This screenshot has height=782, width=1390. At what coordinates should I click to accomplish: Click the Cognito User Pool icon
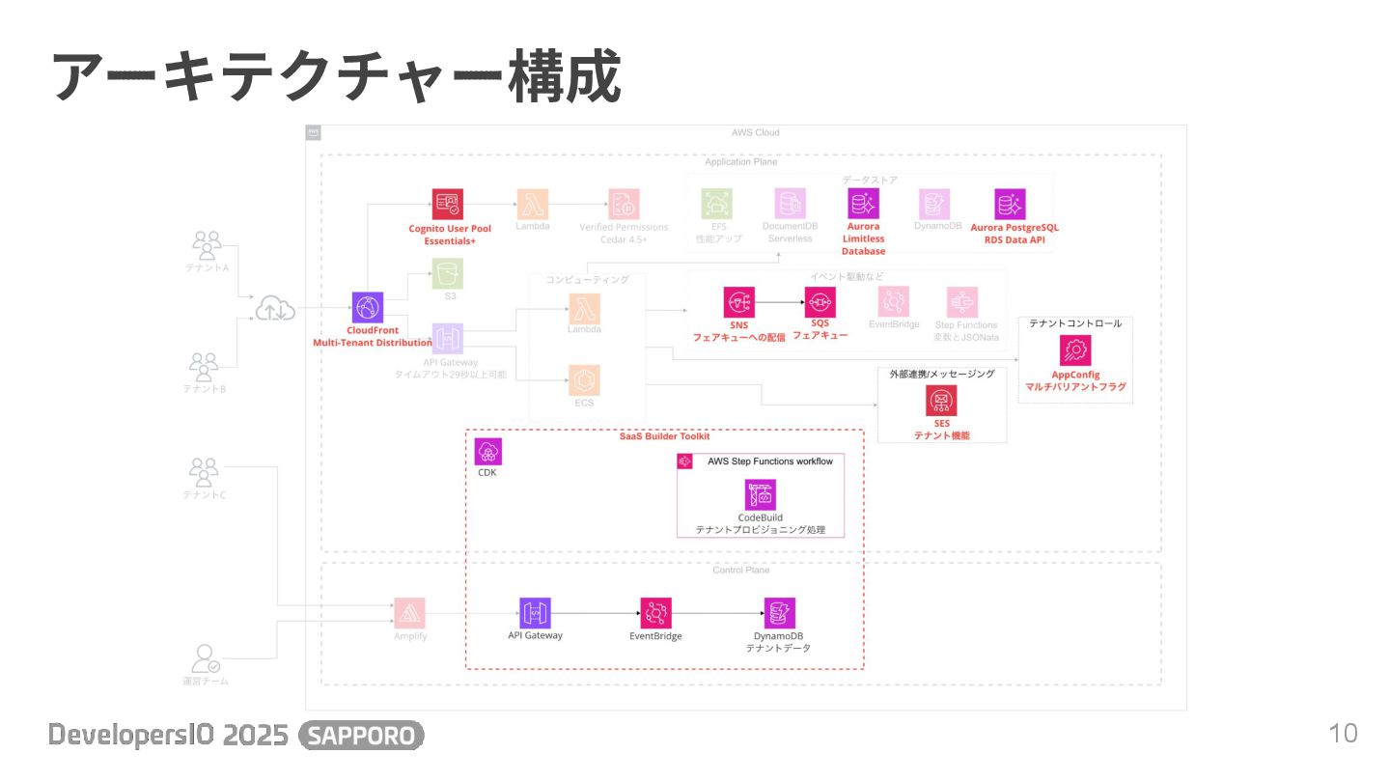(447, 204)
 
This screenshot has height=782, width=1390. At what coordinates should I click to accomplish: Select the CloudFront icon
(368, 307)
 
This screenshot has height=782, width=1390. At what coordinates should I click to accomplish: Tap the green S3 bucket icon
(448, 273)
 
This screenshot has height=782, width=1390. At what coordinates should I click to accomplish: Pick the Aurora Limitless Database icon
(863, 204)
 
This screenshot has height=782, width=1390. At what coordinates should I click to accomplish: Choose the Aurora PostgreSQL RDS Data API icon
(1010, 204)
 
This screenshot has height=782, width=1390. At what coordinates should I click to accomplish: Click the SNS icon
(739, 302)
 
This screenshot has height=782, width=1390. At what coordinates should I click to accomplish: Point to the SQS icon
(820, 302)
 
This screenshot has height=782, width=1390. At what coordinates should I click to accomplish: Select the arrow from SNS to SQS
(780, 302)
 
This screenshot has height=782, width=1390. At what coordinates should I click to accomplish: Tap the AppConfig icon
(1075, 349)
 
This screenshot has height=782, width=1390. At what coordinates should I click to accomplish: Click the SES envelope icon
(941, 400)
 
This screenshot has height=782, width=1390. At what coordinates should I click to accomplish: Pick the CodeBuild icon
(760, 494)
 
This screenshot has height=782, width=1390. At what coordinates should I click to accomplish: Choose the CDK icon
(487, 451)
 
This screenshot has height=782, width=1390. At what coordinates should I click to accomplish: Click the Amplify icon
(409, 613)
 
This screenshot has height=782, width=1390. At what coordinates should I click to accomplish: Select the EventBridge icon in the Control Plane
(655, 613)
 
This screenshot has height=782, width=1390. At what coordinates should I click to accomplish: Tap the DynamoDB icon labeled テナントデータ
(779, 613)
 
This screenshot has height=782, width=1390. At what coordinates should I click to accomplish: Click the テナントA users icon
(207, 245)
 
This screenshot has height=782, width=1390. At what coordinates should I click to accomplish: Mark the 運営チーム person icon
(206, 658)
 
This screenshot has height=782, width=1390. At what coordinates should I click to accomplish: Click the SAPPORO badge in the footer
(362, 736)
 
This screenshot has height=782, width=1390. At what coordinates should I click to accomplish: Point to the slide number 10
(1343, 733)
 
